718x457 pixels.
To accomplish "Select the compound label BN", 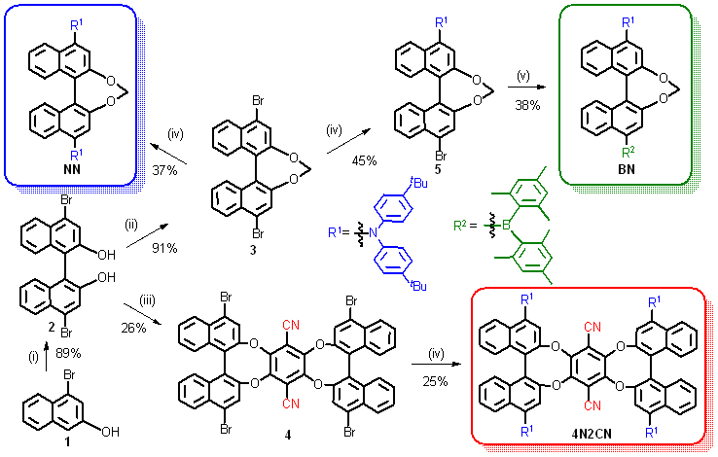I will (x=623, y=166).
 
